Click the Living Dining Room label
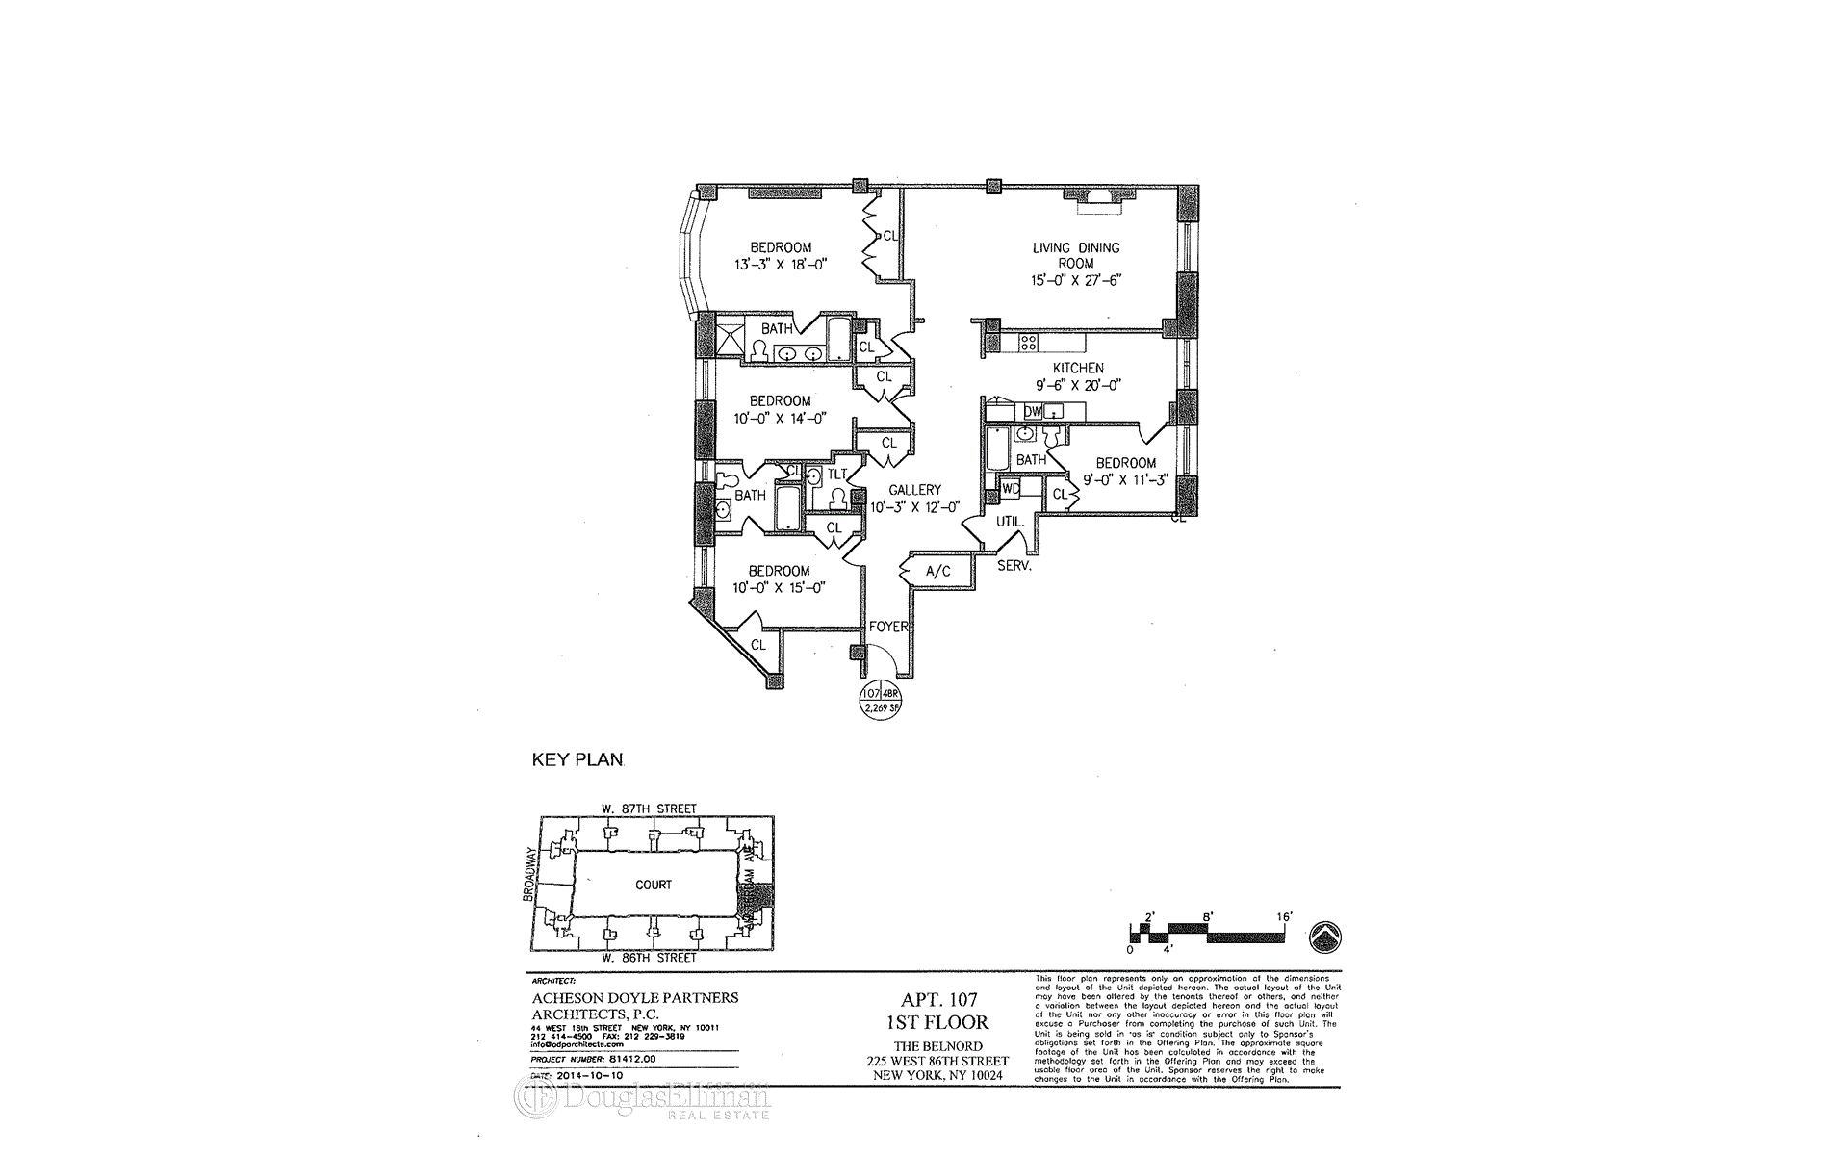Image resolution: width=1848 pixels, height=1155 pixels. click(1076, 255)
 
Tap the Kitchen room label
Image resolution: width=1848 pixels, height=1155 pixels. click(1078, 368)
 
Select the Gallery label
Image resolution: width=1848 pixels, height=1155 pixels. click(914, 490)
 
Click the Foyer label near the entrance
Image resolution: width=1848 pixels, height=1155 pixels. click(888, 627)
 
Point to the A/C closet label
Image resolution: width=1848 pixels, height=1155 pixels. click(937, 572)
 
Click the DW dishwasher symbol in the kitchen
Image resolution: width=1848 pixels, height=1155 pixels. click(1033, 412)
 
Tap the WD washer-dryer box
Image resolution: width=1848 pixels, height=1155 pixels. click(1011, 489)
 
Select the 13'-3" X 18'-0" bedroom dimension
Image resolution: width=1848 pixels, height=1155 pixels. click(781, 265)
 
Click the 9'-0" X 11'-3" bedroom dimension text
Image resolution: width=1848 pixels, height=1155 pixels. click(1125, 479)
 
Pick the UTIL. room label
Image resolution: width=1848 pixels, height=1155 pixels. click(1010, 522)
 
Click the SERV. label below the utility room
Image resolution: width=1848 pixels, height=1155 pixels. click(1014, 566)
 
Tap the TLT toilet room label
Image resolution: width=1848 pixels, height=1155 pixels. click(837, 474)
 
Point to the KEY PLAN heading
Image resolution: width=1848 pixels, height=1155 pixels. click(577, 760)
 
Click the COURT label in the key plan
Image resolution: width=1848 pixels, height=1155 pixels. click(654, 885)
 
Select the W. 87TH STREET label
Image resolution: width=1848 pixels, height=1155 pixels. click(649, 808)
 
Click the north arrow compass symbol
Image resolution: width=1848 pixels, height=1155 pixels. click(1326, 936)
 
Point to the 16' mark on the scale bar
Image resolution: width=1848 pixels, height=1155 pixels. click(1283, 917)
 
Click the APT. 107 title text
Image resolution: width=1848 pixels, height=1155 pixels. click(937, 1001)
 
